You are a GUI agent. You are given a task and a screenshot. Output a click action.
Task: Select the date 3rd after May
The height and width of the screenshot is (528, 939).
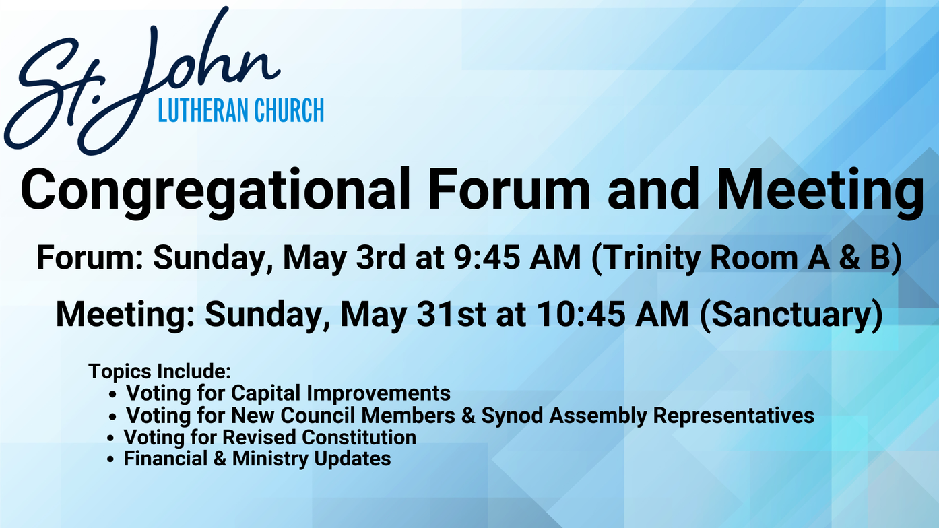tap(381, 258)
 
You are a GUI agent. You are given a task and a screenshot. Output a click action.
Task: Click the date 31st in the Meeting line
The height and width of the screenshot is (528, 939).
tap(451, 314)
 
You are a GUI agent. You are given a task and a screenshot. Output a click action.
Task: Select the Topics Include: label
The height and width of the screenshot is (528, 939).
tap(160, 372)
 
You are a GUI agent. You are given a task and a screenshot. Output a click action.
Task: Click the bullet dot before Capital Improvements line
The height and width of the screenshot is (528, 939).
tap(112, 395)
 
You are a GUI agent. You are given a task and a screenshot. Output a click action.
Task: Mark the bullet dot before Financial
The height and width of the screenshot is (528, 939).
tap(110, 460)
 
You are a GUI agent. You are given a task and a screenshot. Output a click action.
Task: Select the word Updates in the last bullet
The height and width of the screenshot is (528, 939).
tap(352, 459)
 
